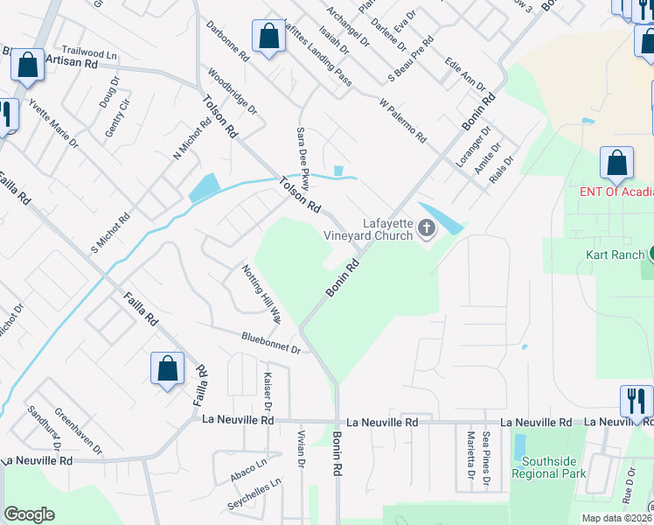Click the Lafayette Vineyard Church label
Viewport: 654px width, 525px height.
point(368,229)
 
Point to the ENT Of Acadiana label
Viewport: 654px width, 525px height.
point(617,192)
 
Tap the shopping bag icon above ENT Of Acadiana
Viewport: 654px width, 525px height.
point(617,164)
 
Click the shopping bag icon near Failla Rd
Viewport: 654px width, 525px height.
point(167,368)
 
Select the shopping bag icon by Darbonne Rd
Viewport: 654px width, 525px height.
point(268,38)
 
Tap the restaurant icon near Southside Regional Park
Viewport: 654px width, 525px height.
point(637,401)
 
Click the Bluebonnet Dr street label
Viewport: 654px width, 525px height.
point(271,342)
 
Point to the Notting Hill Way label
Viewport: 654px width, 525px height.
point(261,293)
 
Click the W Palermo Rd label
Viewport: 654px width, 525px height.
point(403,121)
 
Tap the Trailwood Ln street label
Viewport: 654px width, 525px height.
point(89,53)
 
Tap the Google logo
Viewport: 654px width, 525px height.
point(29,514)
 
